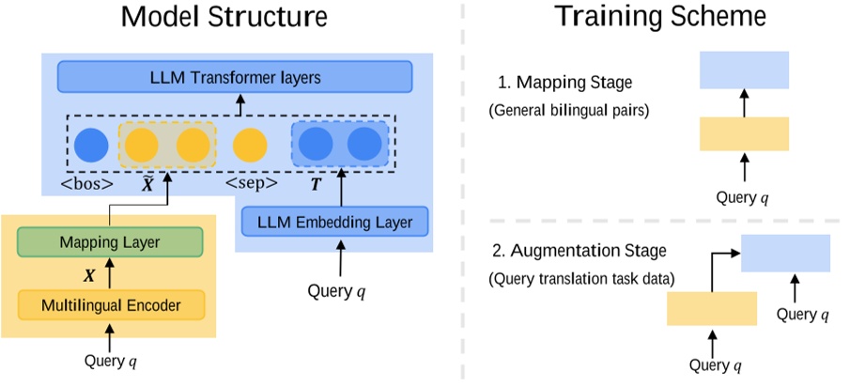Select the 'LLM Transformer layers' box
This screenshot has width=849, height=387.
coord(235,77)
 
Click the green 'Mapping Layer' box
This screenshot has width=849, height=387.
coord(110,242)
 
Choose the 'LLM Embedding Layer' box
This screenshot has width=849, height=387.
coord(334,222)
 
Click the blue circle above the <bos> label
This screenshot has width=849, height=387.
coord(92,145)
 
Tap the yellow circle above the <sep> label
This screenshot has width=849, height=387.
coord(250,145)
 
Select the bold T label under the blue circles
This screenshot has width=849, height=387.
coord(315,185)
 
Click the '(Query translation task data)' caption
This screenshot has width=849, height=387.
coord(575,278)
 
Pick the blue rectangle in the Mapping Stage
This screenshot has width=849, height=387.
coord(744,70)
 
